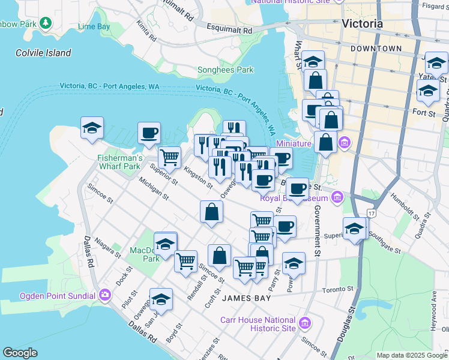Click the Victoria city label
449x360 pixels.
coord(361,24)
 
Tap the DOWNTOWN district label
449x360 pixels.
coord(376,49)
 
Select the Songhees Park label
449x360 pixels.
coord(226,70)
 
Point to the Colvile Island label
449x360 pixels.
coord(44,53)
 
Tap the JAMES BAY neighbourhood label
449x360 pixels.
coord(244,298)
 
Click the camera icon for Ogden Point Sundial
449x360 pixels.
coord(106,295)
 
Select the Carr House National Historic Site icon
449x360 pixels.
coord(305,324)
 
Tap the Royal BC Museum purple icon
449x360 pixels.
coord(337,197)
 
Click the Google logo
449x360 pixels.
coord(20,353)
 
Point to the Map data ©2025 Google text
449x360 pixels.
coord(411,355)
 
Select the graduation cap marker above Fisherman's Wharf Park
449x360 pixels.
coord(92,128)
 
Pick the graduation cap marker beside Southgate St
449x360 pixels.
coord(355,229)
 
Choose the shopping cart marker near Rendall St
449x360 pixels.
coord(186,261)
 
